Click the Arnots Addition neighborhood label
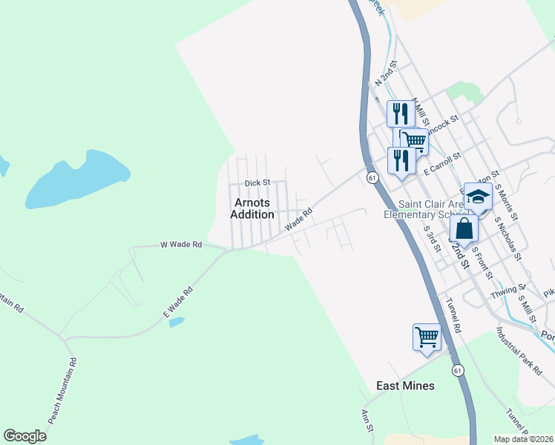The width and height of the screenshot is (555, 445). (x=252, y=208)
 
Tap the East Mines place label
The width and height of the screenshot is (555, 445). (x=405, y=386)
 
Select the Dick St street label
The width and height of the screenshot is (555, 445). (x=257, y=182)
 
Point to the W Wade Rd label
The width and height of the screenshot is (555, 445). (x=181, y=244)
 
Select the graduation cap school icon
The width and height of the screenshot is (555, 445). (x=478, y=197)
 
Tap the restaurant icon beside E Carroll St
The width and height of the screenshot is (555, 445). (x=401, y=160)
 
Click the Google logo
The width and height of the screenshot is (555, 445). (x=24, y=436)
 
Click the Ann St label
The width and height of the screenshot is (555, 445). (x=366, y=421)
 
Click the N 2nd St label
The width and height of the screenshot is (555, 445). (x=385, y=74)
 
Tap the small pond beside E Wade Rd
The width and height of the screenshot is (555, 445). (x=176, y=321)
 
